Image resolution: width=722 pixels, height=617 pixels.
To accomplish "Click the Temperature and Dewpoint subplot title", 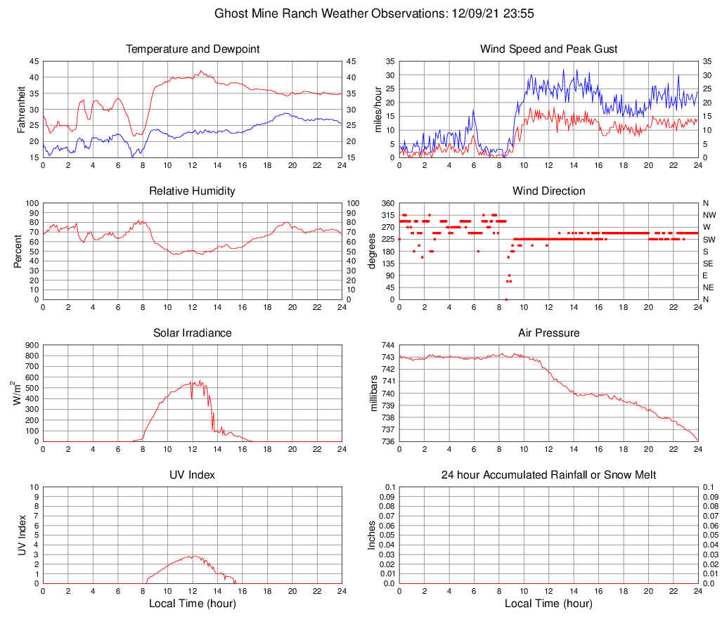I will click(193, 49).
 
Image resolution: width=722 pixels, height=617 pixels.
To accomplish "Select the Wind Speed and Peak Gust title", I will click(548, 49).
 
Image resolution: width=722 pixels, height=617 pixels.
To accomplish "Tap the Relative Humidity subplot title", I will click(193, 191).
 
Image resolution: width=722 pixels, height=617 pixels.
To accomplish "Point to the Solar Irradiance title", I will click(193, 333).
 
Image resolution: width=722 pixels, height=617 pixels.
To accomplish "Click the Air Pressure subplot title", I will click(548, 333).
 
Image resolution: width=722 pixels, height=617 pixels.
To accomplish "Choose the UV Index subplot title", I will click(193, 475).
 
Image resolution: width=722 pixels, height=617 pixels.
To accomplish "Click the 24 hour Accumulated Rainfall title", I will click(548, 475).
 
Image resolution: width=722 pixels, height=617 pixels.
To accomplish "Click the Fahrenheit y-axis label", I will click(21, 109).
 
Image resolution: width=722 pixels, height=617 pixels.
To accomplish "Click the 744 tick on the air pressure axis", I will click(387, 345).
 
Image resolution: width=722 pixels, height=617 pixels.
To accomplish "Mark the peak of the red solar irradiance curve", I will click(200, 380).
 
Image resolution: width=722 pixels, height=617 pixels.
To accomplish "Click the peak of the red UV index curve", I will click(191, 556).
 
